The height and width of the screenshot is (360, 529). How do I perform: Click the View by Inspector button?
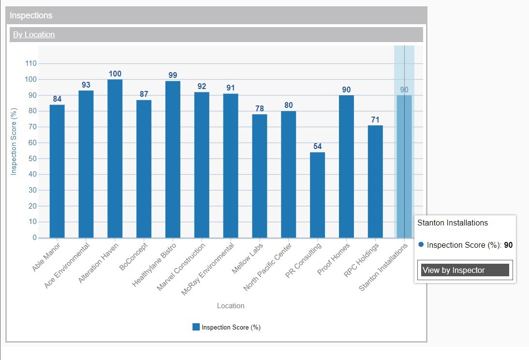[465, 270]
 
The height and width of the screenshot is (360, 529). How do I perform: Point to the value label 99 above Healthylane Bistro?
[173, 75]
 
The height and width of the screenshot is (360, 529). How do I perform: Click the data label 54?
[317, 146]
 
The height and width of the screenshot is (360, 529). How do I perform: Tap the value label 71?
[375, 120]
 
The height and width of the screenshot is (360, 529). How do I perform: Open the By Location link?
[34, 34]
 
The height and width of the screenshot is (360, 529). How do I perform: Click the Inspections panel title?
[31, 15]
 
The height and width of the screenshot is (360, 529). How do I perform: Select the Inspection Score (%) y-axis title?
[14, 142]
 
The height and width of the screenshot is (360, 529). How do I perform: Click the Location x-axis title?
[231, 306]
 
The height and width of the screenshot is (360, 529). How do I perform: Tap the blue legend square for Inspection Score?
[196, 327]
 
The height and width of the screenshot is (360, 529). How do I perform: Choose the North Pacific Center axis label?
[268, 267]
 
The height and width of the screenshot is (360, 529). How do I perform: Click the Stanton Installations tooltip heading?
[452, 223]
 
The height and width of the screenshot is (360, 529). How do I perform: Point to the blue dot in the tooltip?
[421, 245]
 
